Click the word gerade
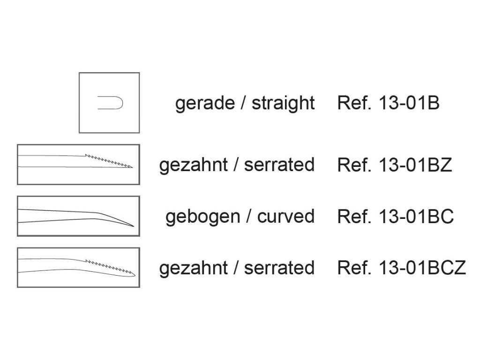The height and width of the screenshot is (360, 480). pyautogui.click(x=204, y=104)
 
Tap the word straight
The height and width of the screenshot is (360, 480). pyautogui.click(x=283, y=104)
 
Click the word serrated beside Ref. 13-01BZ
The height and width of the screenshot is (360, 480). pyautogui.click(x=279, y=165)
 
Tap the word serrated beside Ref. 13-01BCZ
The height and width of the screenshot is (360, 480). pyautogui.click(x=279, y=268)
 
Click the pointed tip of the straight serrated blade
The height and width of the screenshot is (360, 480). pyautogui.click(x=133, y=167)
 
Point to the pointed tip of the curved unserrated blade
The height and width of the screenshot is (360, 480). pyautogui.click(x=134, y=226)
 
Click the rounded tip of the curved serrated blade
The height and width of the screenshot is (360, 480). pyautogui.click(x=135, y=274)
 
